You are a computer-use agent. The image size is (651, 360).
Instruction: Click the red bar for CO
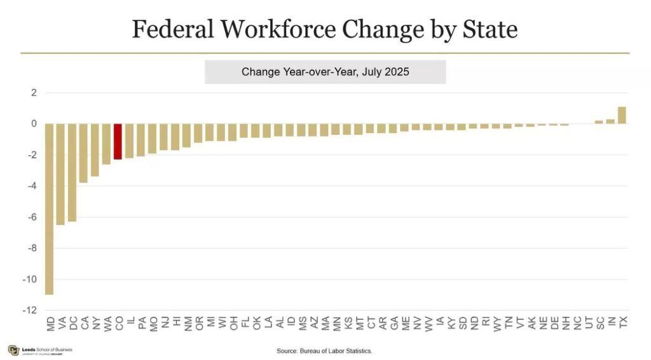tap(118, 141)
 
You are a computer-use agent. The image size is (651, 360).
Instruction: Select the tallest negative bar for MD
tap(49, 209)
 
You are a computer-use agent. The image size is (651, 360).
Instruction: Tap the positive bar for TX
tap(622, 115)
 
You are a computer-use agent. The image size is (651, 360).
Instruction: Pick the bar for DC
tap(72, 172)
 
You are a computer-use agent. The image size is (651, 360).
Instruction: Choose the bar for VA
tap(60, 174)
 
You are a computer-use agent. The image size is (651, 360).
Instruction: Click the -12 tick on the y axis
tap(30, 310)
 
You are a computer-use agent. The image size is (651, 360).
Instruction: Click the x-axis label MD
tap(50, 324)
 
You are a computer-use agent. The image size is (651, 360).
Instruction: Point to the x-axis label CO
tap(119, 324)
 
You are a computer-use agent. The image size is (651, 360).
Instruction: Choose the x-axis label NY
tap(96, 324)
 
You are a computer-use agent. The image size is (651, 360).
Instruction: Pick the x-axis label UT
tap(589, 323)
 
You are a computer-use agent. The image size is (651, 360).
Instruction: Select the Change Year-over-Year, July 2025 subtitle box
tap(325, 72)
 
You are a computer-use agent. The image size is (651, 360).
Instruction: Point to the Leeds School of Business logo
tap(40, 350)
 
